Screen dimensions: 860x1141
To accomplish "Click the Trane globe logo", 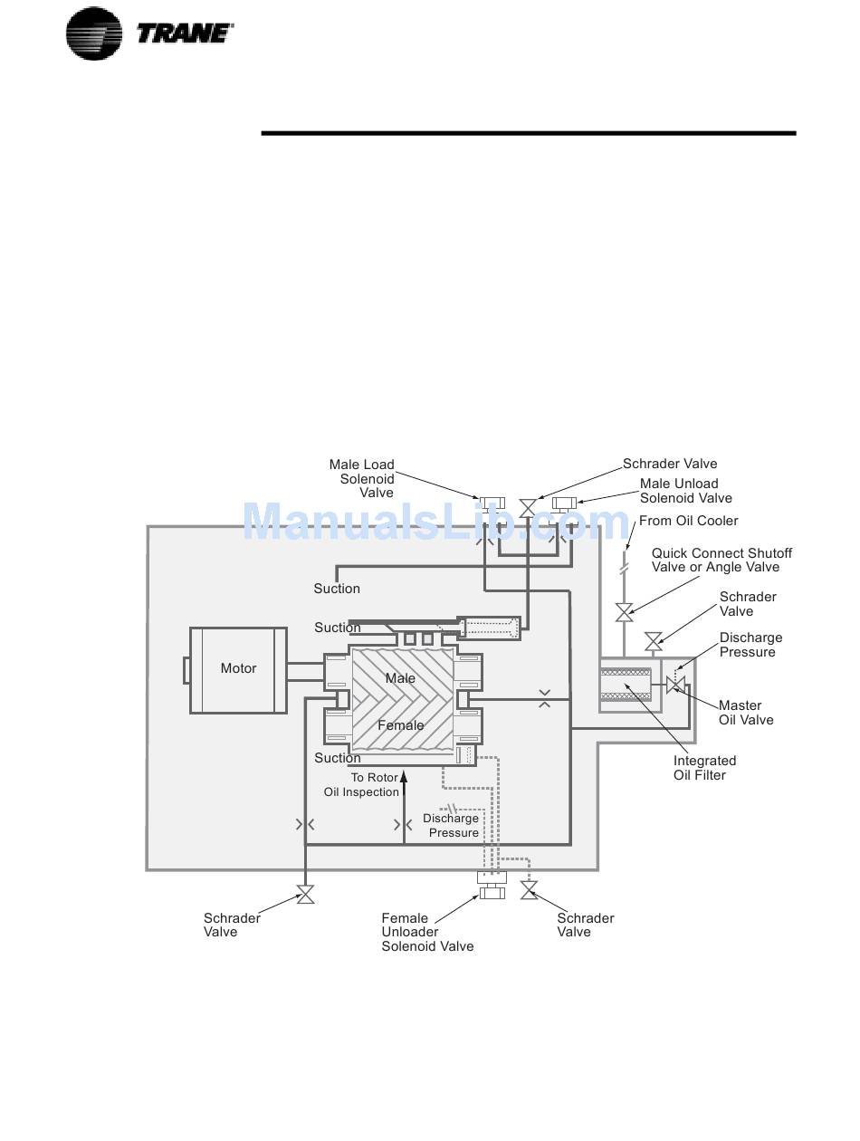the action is tap(93, 34).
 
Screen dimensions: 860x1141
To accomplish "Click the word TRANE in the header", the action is tap(185, 34).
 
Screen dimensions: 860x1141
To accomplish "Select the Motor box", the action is tap(238, 670).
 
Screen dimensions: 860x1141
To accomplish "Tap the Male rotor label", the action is tap(400, 678).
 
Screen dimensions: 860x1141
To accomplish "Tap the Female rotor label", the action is tap(400, 725).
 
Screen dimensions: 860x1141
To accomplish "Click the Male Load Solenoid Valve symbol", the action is tap(492, 503).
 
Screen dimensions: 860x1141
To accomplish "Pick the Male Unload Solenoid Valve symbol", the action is tap(564, 503).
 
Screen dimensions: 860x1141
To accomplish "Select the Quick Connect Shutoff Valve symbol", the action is tap(624, 612).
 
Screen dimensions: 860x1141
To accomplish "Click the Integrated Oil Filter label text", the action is tap(704, 768).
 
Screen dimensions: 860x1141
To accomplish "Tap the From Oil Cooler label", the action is tap(688, 521).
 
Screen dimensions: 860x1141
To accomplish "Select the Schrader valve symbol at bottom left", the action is tap(305, 894).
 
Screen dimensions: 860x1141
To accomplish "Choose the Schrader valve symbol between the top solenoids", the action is tap(528, 508).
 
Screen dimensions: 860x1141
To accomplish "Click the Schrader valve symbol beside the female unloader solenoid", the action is tap(529, 890).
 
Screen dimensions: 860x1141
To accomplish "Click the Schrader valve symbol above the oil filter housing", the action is tap(654, 641).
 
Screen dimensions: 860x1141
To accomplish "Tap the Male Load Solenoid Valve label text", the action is tap(362, 478).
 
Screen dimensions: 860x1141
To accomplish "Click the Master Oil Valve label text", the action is tap(746, 713).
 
